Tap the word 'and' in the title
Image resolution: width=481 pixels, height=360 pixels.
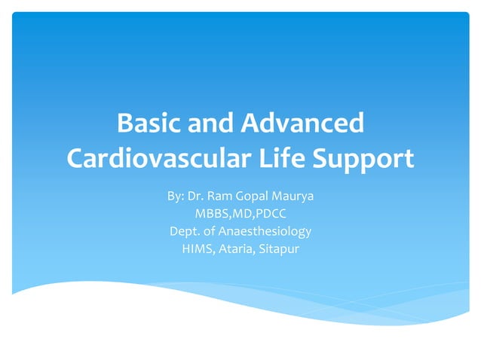click(216, 123)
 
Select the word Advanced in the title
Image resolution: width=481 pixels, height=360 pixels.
click(302, 123)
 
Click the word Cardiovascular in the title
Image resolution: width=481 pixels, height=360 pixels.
click(158, 159)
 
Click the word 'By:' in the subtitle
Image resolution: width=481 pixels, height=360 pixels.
click(176, 197)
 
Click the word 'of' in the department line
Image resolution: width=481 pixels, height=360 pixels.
click(211, 231)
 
